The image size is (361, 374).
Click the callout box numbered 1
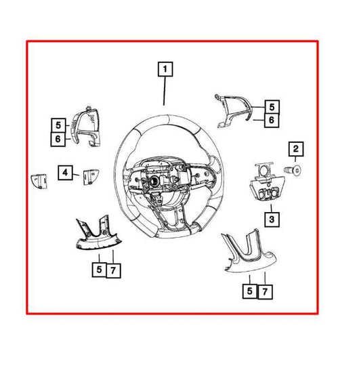[165, 69]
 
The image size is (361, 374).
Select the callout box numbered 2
[296, 149]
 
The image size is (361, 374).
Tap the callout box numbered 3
[272, 220]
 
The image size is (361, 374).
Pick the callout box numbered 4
[65, 173]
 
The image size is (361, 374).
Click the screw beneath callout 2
[293, 170]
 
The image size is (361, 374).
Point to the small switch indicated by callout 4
[91, 177]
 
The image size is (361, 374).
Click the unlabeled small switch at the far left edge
[39, 181]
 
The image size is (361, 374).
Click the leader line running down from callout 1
[164, 91]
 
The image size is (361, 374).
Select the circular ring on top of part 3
[263, 170]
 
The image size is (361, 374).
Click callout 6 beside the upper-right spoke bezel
[272, 120]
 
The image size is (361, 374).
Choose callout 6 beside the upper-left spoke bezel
[58, 139]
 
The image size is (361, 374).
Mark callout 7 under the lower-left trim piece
[113, 270]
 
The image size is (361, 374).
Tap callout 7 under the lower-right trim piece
[265, 291]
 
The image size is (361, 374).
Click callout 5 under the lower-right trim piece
[250, 291]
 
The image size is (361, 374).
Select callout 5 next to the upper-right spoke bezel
[272, 107]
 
